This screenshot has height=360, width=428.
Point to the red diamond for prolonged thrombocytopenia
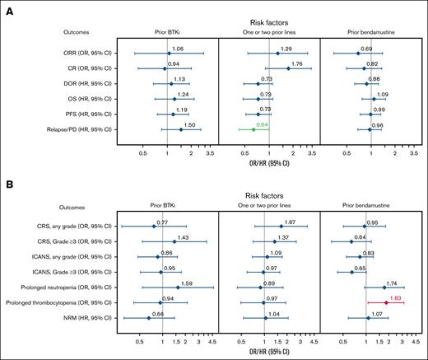click(386, 303)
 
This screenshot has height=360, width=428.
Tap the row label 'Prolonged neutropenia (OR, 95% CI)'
click(70, 288)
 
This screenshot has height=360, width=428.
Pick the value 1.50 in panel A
click(189, 124)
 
